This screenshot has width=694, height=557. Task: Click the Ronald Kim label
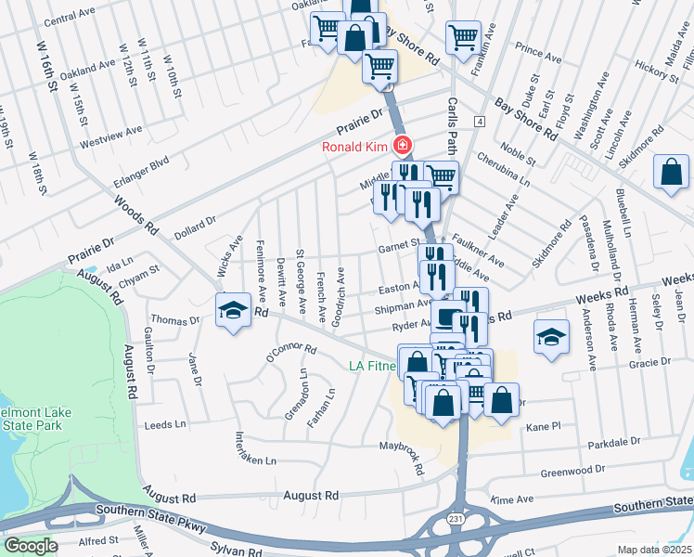(355, 147)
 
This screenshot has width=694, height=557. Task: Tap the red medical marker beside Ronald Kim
(403, 146)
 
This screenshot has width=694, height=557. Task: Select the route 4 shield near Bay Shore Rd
(479, 122)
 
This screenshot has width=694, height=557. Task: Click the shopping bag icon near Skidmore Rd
(670, 172)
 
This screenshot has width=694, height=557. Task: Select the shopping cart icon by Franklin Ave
(462, 38)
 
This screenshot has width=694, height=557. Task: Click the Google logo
(32, 546)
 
